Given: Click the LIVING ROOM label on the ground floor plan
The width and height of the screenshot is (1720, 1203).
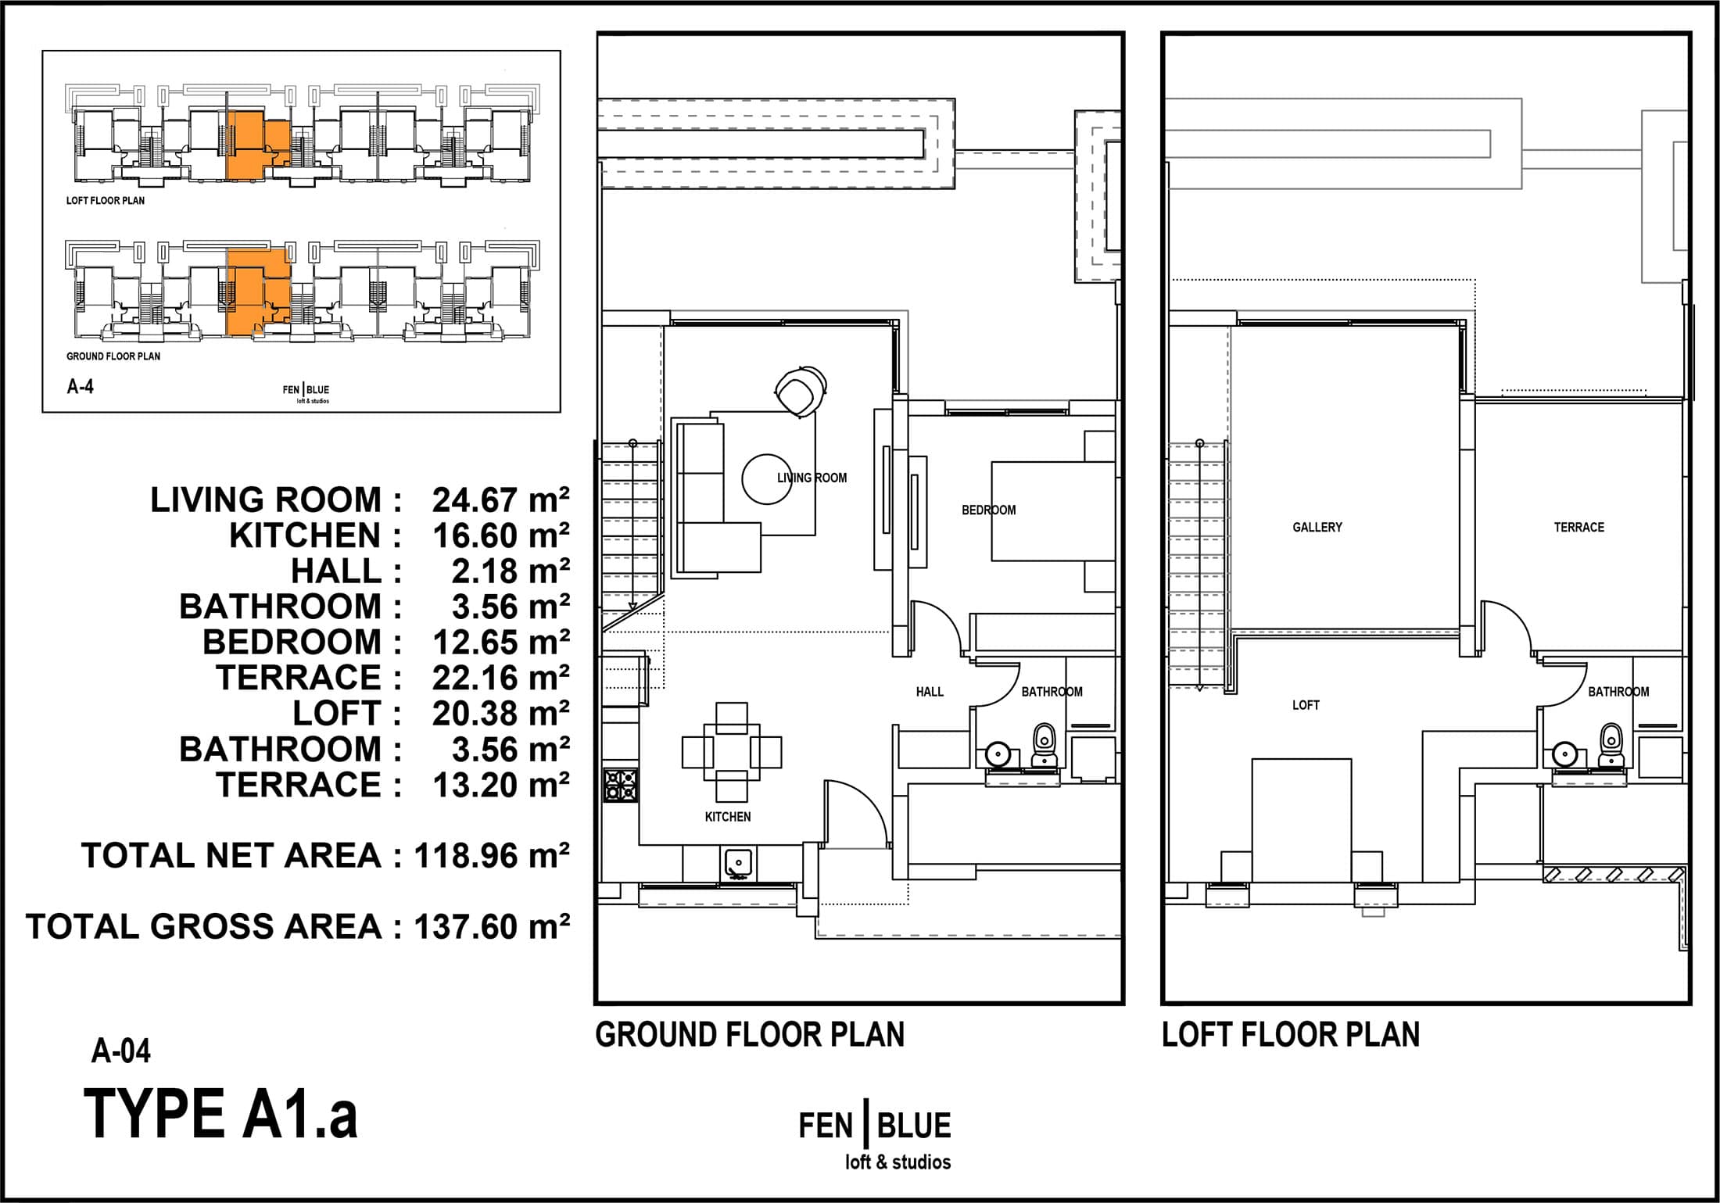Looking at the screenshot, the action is tap(812, 478).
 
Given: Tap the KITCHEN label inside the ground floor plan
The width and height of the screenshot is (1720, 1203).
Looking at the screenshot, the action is tap(728, 816).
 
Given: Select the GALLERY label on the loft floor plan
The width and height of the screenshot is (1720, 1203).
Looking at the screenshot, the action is tap(1317, 527).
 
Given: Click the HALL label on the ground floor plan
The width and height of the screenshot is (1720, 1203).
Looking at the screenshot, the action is tap(930, 691).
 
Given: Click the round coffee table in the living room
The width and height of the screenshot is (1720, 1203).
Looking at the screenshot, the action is tap(767, 480).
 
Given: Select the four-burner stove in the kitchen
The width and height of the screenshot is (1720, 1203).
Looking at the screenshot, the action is tap(621, 786).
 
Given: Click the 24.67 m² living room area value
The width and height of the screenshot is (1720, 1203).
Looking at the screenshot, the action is tap(500, 500).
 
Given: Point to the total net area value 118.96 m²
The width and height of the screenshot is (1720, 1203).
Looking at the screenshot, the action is tap(492, 856).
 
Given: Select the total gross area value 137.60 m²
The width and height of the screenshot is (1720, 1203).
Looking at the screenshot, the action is tap(492, 927).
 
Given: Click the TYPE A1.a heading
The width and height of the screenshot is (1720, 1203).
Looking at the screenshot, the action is tap(220, 1114).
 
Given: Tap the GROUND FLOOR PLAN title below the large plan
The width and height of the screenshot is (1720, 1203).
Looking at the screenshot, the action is tap(750, 1034).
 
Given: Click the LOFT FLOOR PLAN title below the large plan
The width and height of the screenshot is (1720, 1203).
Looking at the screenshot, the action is tap(1291, 1034).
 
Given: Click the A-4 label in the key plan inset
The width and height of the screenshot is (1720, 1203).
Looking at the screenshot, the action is tap(81, 386).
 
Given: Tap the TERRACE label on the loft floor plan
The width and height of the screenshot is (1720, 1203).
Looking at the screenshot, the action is tap(1578, 527).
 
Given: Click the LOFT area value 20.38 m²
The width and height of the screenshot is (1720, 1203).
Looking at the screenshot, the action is tap(500, 714).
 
